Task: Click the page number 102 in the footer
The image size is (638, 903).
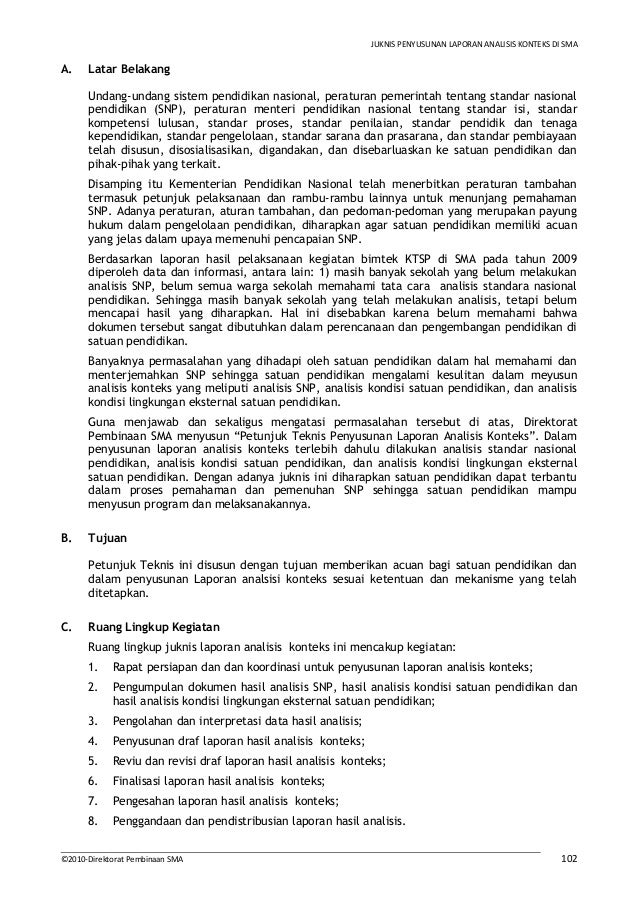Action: (x=568, y=857)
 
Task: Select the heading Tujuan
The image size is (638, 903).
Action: (x=107, y=538)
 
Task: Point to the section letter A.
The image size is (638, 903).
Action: (x=65, y=71)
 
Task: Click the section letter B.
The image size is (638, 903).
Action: (x=65, y=538)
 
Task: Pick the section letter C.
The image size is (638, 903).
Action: (x=65, y=628)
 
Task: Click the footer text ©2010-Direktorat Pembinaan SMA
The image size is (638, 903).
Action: (x=121, y=858)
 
